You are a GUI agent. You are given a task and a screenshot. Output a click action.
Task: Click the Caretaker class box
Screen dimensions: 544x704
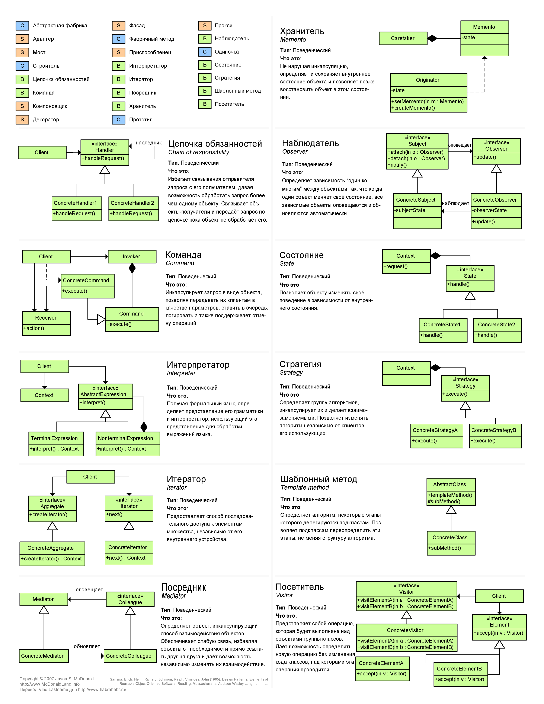point(403,38)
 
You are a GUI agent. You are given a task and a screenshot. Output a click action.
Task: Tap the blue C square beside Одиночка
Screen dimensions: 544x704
point(205,52)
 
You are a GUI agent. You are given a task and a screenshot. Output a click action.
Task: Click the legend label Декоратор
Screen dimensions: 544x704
point(46,120)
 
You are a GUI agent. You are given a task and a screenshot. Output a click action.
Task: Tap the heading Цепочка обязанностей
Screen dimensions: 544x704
point(215,144)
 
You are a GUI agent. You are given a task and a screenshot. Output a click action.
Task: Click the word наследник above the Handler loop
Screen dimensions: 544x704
point(148,143)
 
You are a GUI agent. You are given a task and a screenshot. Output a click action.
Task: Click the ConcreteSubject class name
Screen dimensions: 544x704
point(416,200)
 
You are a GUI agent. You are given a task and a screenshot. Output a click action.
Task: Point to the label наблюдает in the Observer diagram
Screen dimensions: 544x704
point(455,203)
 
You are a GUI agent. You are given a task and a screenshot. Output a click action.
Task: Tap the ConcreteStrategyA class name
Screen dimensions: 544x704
point(435,430)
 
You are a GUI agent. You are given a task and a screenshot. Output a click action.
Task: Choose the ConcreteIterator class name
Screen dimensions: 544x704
point(128,547)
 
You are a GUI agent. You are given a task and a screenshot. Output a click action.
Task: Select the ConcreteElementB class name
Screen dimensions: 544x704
point(459,669)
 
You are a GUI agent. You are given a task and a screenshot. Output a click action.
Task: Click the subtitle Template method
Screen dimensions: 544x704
point(305,488)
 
